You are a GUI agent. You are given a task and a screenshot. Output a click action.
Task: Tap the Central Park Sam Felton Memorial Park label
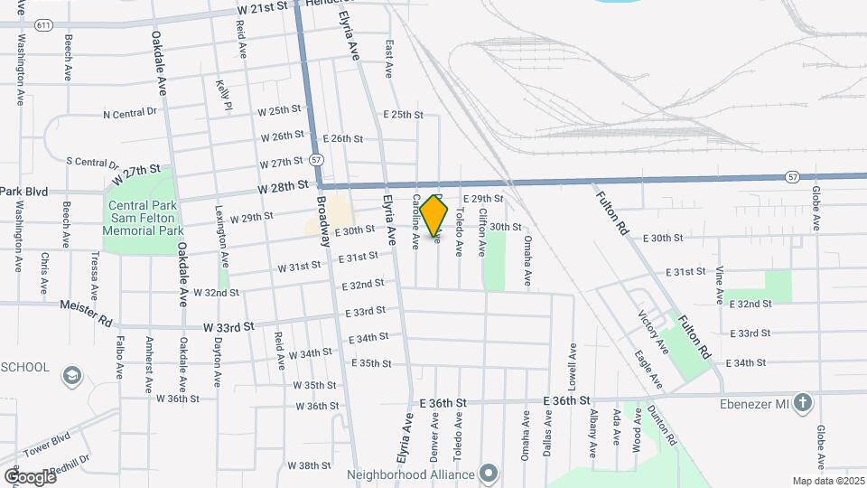[144, 219]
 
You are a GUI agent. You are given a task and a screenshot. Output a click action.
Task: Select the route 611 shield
[43, 26]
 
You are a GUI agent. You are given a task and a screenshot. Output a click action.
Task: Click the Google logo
[30, 476]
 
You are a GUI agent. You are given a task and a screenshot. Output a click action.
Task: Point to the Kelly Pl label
[223, 95]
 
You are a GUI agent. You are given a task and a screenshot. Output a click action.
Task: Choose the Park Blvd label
[23, 192]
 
